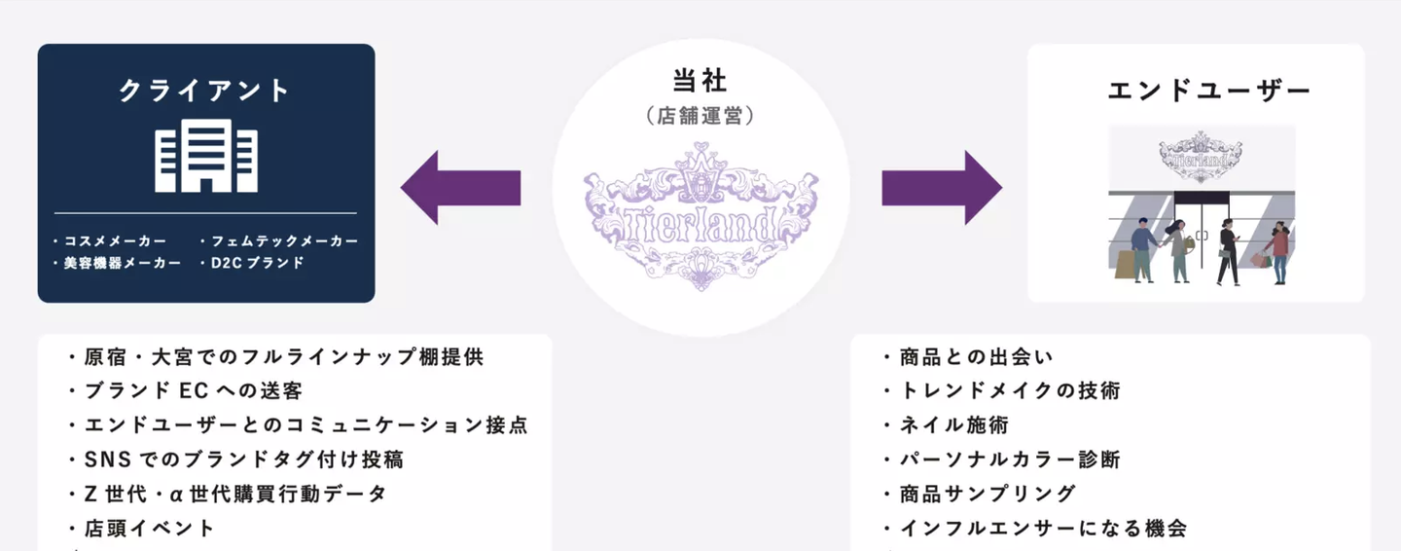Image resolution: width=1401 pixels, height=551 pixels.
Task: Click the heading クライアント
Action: tap(205, 91)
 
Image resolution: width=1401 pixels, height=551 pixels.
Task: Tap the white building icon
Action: tap(206, 156)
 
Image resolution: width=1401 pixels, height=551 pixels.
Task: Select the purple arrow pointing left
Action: tap(460, 188)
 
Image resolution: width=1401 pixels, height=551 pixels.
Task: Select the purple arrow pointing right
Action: tap(941, 188)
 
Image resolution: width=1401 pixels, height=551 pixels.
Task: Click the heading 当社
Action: tap(700, 81)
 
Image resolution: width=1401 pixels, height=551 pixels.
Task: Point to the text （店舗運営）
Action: tap(700, 115)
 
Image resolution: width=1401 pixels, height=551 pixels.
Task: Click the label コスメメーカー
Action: tap(109, 240)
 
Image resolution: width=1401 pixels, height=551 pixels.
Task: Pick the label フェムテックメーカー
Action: tap(278, 240)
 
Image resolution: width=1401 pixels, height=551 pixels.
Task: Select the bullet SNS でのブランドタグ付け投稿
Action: tap(235, 459)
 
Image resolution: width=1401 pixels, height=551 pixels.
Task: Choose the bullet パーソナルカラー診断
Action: tap(1001, 459)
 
